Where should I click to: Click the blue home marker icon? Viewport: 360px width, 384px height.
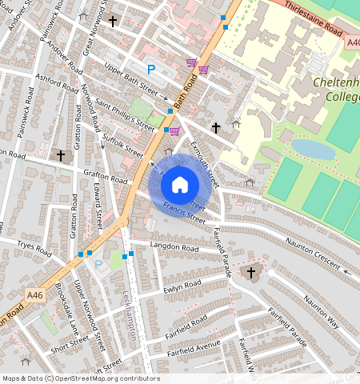coord(180,185)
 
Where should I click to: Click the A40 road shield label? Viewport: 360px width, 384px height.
coord(353,42)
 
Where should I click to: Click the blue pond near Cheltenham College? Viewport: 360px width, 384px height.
coord(312,149)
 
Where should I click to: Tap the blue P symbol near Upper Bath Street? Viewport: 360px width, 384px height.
coord(150,70)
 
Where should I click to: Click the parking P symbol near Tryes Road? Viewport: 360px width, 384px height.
coord(98,264)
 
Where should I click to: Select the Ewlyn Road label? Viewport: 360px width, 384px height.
coord(182,286)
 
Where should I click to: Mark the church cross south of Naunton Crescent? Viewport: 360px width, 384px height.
coord(250,274)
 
